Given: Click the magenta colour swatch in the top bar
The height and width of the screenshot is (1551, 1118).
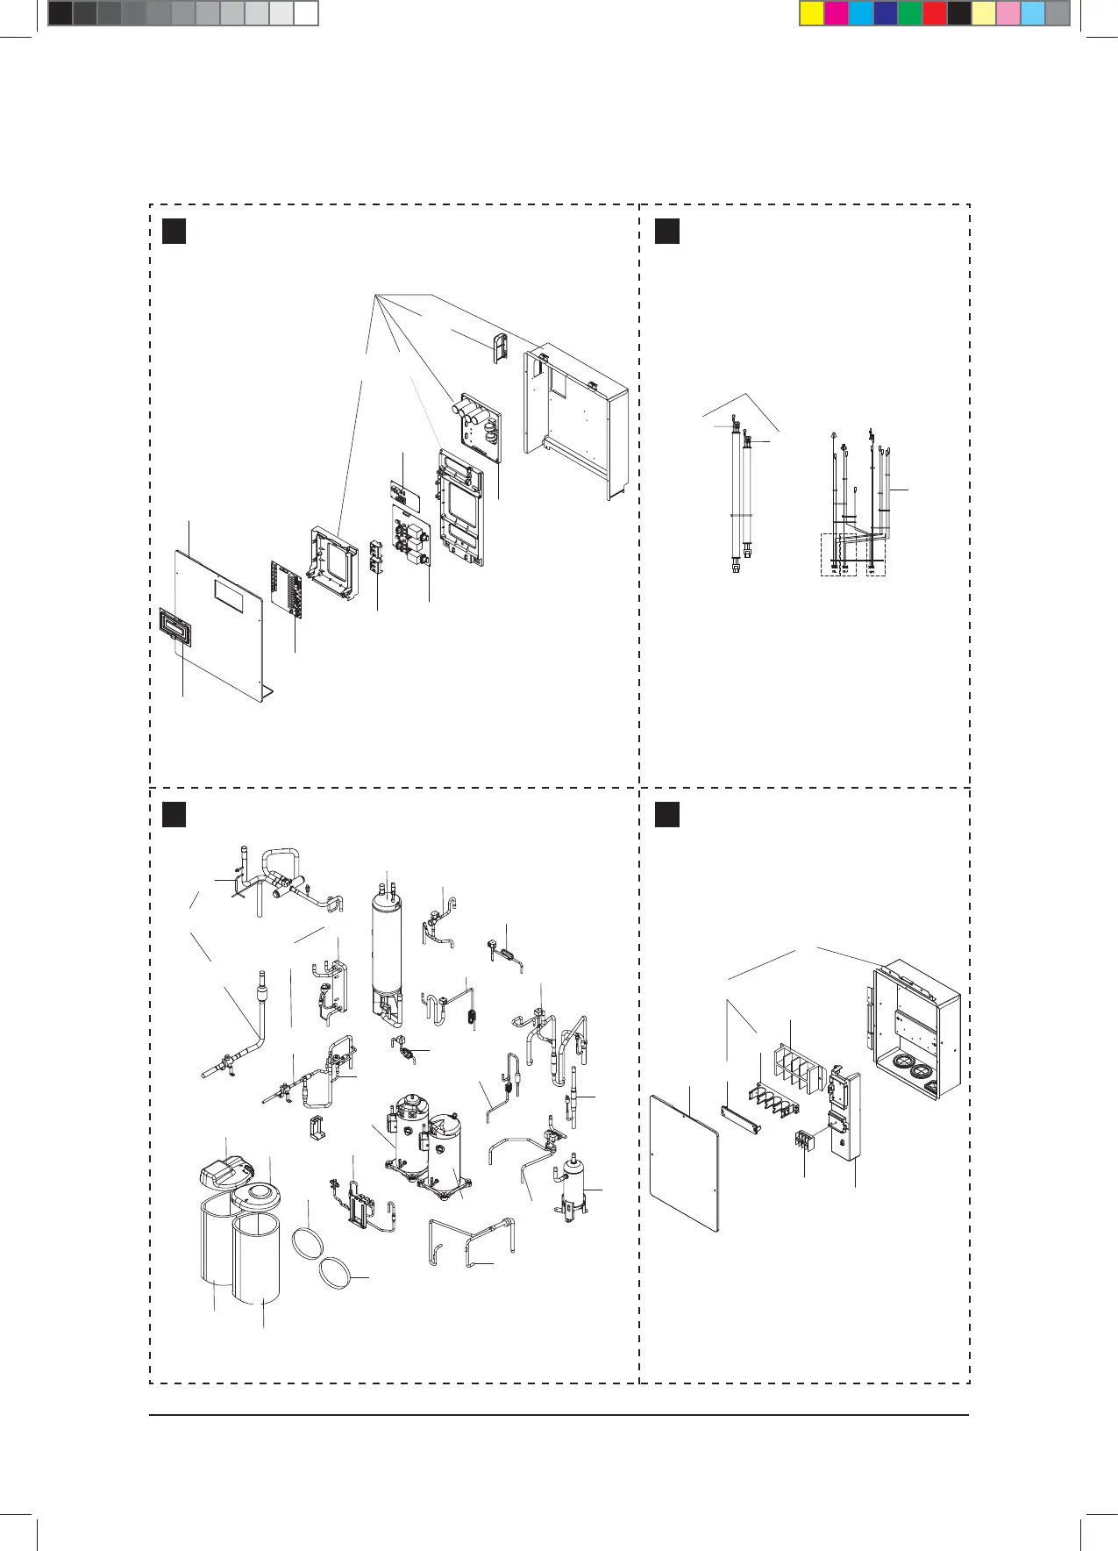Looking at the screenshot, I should (837, 14).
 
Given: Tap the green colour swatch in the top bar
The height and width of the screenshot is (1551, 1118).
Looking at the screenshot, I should (910, 14).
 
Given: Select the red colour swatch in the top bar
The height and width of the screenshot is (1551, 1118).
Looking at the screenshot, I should (935, 14).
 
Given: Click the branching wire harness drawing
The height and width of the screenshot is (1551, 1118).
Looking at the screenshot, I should (855, 500).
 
